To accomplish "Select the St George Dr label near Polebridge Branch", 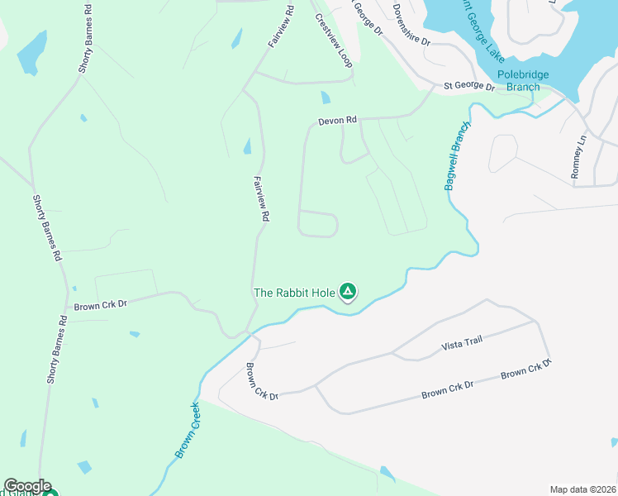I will tap(468, 86).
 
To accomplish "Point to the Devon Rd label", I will tap(337, 121).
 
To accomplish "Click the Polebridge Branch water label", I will tap(522, 80).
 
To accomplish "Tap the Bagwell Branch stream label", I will tap(456, 155).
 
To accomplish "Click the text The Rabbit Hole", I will tap(294, 292).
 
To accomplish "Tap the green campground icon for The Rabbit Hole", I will tap(349, 291).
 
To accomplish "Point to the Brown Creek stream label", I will tap(188, 431).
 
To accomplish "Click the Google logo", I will tap(27, 486).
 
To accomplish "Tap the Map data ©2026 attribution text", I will tap(582, 489).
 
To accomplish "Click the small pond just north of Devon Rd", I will tap(325, 98).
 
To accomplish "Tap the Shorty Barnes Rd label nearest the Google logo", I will tap(55, 349).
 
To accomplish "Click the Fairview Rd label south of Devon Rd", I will tap(262, 198).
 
